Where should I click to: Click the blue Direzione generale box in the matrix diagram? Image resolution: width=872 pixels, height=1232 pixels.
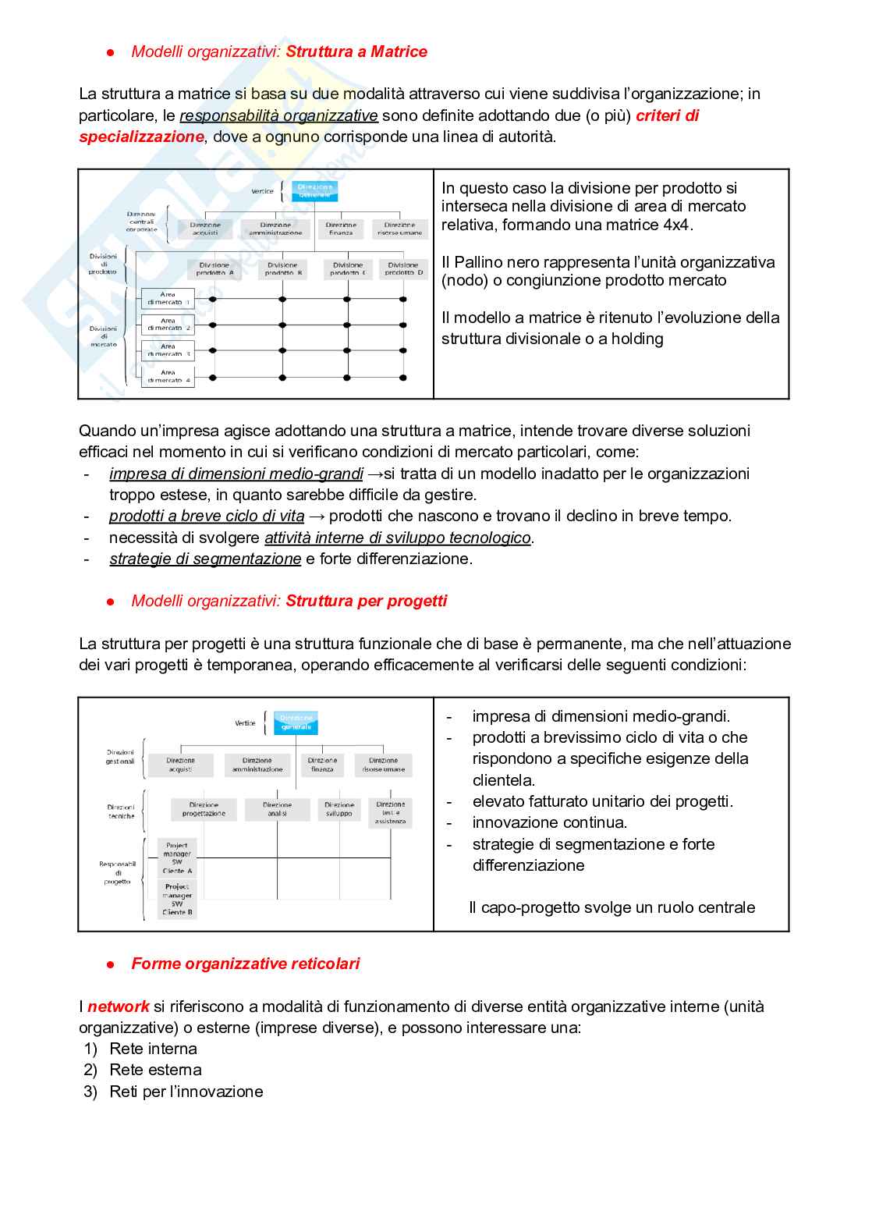[314, 190]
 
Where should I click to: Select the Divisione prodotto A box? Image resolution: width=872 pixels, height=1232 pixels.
[214, 269]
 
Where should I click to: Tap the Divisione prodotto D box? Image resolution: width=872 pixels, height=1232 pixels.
[403, 269]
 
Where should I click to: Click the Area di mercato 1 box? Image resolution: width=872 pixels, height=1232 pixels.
[168, 299]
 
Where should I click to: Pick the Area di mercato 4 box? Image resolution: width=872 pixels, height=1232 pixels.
[168, 377]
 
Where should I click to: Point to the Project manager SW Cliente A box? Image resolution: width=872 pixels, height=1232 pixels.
[177, 858]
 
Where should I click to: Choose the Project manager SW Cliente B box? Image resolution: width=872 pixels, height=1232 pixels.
[177, 900]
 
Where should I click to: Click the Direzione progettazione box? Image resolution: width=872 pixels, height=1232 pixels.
[204, 809]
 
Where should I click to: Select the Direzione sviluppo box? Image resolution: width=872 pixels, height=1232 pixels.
[339, 809]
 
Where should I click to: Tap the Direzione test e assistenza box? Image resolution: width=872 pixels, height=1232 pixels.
[390, 812]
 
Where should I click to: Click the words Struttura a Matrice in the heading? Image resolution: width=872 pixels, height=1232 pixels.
[356, 51]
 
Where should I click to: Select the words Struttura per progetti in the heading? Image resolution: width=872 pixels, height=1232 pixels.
[367, 601]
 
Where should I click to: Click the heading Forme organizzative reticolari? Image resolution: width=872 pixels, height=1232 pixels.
[246, 964]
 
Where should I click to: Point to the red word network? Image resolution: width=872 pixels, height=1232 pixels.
[118, 1007]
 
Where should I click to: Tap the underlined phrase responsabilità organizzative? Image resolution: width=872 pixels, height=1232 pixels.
[278, 115]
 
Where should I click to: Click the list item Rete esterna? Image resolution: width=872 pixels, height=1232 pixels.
[155, 1070]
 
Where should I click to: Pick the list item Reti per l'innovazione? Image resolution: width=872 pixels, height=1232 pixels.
[186, 1092]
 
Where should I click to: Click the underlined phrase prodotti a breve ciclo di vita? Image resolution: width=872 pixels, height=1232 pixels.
[207, 516]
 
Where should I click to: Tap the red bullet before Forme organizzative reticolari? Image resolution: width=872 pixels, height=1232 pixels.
[111, 964]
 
